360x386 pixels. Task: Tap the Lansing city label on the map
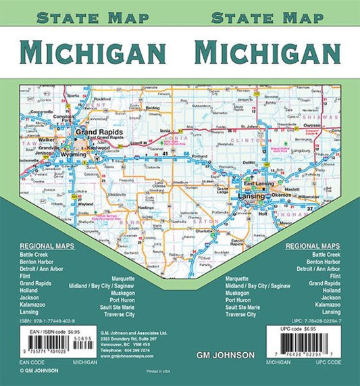pos(250,196)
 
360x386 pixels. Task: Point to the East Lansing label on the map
pos(258,185)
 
